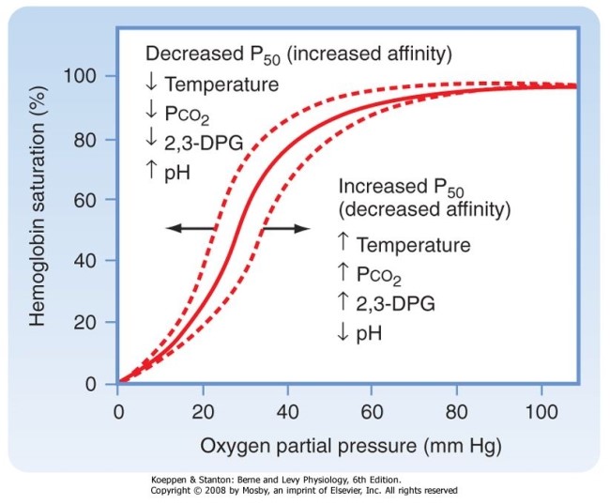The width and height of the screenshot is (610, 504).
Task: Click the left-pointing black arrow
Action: pyautogui.click(x=188, y=229)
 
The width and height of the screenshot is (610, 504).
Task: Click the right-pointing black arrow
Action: pyautogui.click(x=285, y=229)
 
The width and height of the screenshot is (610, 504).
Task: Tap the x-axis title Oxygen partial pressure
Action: pyautogui.click(x=346, y=441)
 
